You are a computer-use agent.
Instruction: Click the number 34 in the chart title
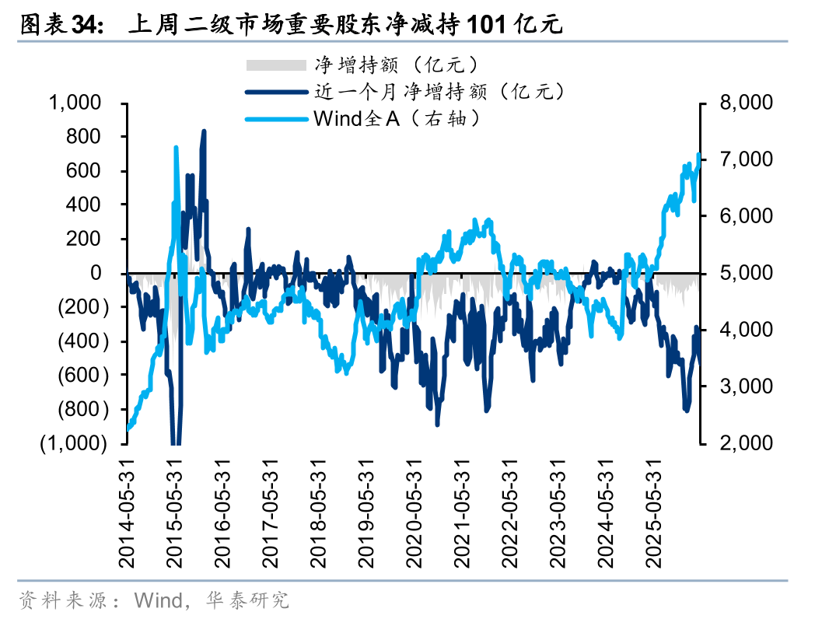tap(83, 24)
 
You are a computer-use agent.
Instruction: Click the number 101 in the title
tap(487, 24)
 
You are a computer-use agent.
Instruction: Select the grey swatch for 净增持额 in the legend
tap(276, 65)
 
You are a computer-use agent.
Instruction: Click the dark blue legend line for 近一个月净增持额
tap(276, 93)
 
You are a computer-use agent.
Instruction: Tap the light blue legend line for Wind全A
tap(276, 119)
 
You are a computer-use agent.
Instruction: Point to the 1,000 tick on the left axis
tap(75, 103)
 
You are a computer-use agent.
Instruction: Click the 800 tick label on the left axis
tap(83, 137)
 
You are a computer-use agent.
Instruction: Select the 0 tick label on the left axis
tap(96, 273)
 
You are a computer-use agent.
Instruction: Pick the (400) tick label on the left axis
tap(83, 341)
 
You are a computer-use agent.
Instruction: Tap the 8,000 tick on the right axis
tap(746, 103)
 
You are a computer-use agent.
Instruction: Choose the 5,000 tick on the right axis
tap(746, 273)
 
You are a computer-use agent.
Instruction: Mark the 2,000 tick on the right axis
tap(746, 442)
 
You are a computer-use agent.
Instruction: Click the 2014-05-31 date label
tap(127, 513)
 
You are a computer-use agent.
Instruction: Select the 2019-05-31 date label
tap(366, 513)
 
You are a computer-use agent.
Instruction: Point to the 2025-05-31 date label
tap(652, 513)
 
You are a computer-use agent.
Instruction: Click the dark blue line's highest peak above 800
tap(204, 131)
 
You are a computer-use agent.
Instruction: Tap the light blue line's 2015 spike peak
tap(176, 148)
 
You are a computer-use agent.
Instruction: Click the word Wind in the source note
tap(158, 600)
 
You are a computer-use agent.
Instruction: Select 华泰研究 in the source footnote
tap(247, 600)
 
